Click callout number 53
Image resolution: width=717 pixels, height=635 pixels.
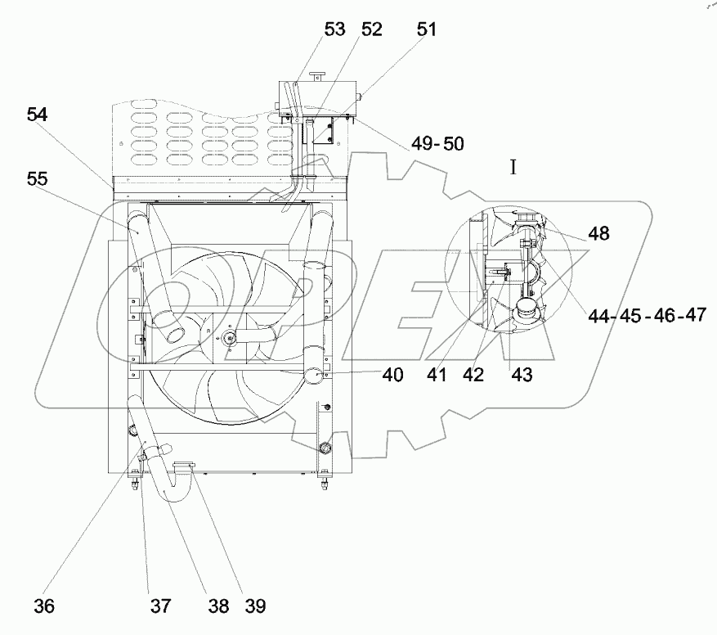334,30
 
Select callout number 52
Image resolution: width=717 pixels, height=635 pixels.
371,30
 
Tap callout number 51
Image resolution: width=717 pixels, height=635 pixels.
426,30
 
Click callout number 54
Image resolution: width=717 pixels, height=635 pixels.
36,115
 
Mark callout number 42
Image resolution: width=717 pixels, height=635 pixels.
473,375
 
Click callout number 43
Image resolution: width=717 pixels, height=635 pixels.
522,375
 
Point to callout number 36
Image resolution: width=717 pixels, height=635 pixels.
45,606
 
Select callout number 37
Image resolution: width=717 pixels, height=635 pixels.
160,606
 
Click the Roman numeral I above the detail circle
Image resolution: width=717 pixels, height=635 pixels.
513,168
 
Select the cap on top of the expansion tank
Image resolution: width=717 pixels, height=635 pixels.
316,77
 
